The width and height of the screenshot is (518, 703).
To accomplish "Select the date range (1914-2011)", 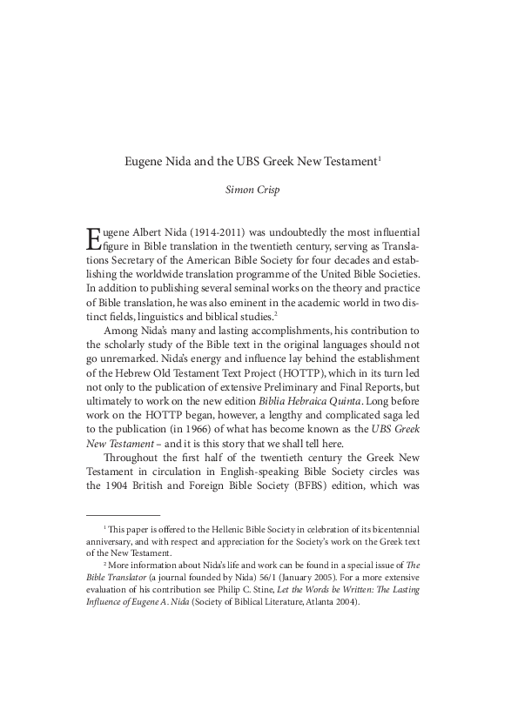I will coord(210,233).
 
